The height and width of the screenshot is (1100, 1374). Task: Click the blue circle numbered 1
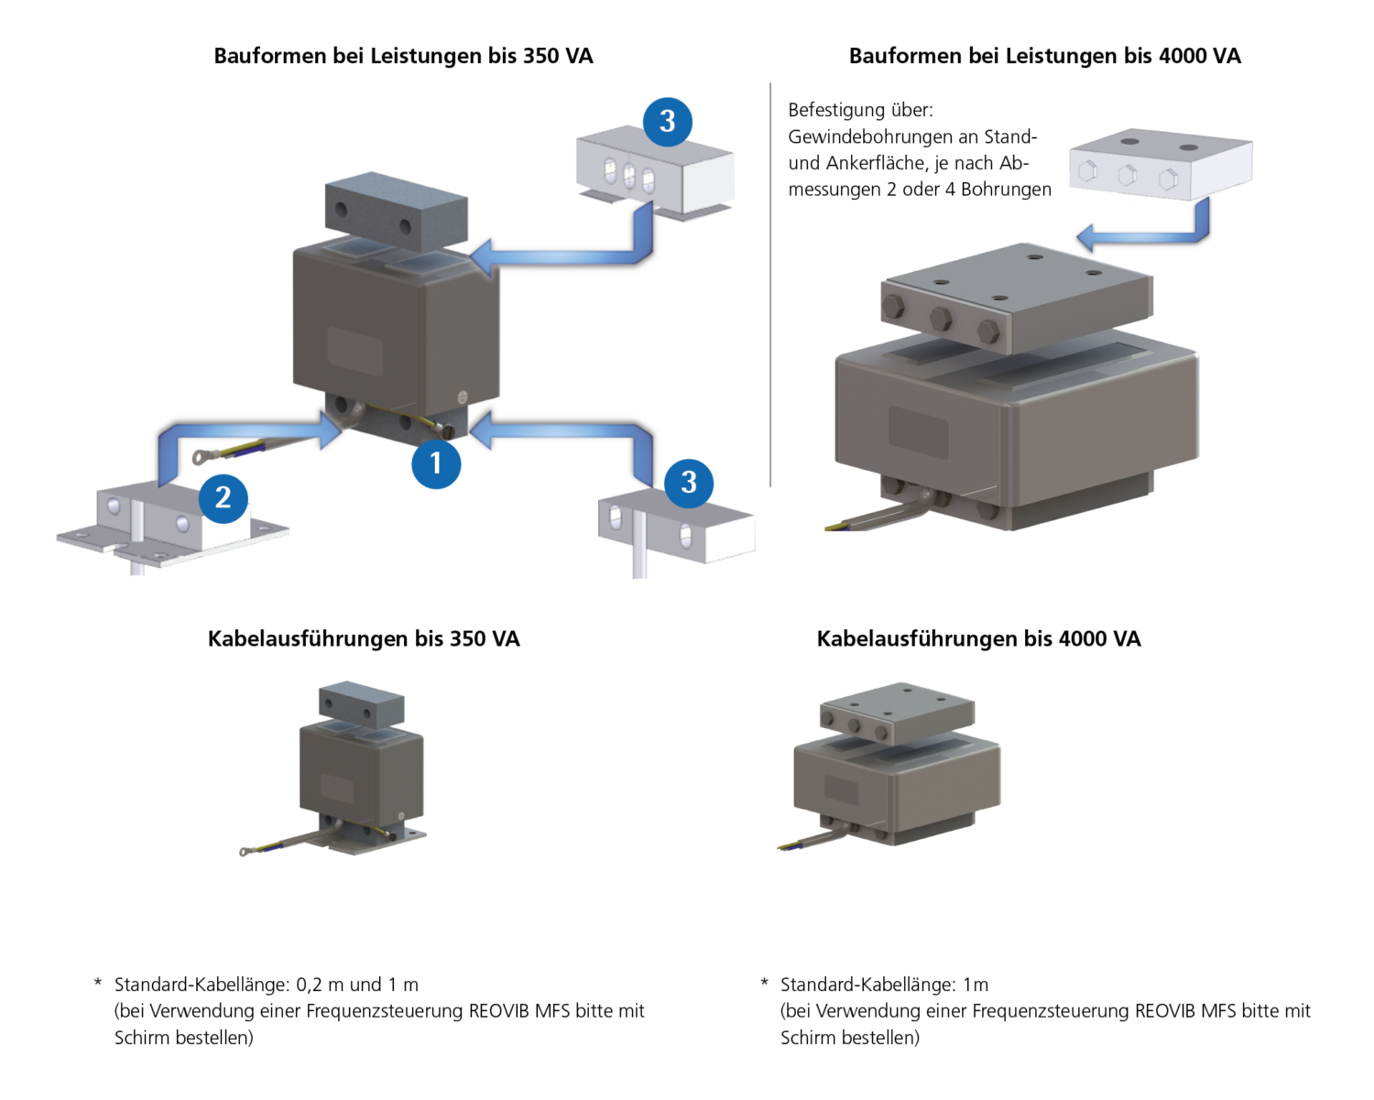pos(436,463)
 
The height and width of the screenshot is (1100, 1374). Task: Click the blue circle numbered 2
pos(224,498)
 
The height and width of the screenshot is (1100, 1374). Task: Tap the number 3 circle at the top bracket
pos(667,122)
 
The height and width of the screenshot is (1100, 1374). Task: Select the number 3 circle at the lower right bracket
pos(689,483)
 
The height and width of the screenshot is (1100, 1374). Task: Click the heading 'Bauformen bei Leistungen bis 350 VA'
pos(403,56)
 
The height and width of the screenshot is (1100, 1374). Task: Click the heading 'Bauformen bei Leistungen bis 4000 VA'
pos(1044,56)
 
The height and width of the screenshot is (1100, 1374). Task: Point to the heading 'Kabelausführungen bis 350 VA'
pos(364,638)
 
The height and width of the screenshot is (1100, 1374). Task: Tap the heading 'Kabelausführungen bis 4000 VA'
pos(978,638)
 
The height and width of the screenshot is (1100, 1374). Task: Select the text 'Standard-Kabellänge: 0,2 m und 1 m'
pos(266,985)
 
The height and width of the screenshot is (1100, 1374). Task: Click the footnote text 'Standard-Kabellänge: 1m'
pos(884,985)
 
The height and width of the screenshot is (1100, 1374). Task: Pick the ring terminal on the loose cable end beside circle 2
pos(199,455)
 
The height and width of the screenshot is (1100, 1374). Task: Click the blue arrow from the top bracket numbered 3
pos(568,253)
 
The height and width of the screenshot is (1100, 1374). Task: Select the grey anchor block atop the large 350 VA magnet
pos(396,211)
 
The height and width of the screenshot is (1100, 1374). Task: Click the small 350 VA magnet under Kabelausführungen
pos(362,769)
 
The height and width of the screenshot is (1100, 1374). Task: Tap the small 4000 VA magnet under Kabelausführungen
pos(896,765)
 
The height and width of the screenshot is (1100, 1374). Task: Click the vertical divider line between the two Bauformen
pos(770,284)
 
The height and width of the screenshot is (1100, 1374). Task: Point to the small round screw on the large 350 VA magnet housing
pos(462,397)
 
